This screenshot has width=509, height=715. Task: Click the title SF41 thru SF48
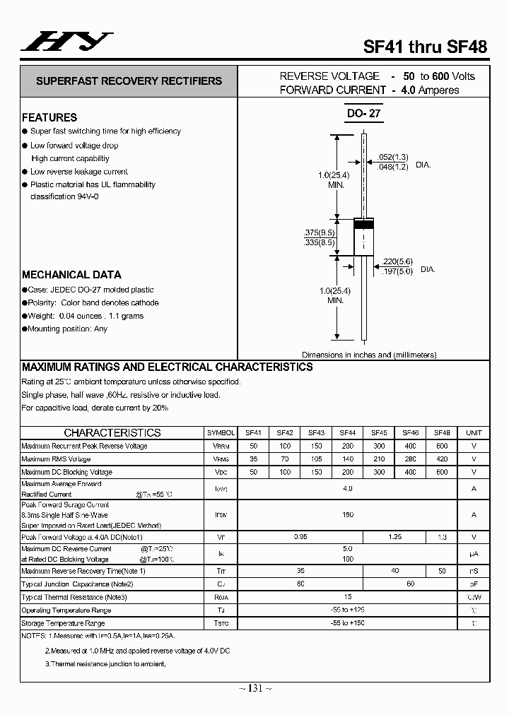[425, 47]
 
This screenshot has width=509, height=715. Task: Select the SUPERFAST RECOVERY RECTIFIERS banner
[129, 81]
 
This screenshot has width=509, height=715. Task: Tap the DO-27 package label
[363, 113]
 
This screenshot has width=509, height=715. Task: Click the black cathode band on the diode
[363, 224]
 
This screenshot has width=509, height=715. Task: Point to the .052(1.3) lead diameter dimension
[392, 156]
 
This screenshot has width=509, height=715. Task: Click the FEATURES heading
[49, 117]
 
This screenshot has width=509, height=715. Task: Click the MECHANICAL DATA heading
[71, 275]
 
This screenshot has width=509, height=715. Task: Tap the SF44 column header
[348, 433]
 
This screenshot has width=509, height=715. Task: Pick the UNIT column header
[474, 433]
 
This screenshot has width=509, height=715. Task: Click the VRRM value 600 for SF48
[442, 446]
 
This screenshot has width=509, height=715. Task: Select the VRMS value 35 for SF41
[253, 459]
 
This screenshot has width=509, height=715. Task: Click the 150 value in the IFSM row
[347, 515]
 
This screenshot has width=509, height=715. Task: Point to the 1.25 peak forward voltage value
[394, 537]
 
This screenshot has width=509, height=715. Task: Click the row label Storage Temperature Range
[63, 623]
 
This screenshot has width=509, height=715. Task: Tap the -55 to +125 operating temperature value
[347, 610]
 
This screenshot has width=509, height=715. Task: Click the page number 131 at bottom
[255, 689]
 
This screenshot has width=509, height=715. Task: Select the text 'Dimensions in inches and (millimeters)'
[369, 355]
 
